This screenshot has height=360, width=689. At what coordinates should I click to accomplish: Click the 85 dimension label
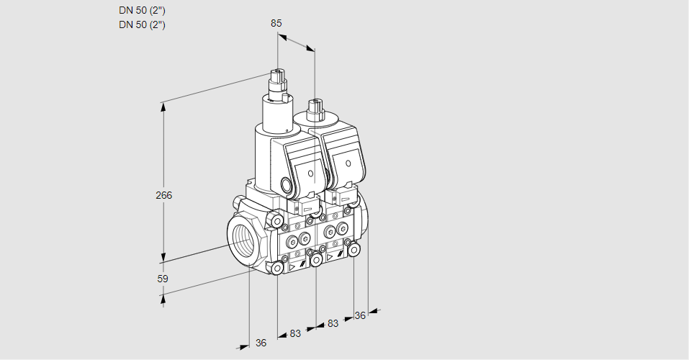(276, 23)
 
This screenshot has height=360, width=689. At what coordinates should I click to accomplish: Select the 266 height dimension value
(164, 195)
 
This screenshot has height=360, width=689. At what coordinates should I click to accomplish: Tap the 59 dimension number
(163, 279)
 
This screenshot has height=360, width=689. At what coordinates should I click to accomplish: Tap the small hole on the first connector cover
(311, 174)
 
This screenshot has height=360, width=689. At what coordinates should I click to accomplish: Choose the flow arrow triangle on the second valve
(330, 257)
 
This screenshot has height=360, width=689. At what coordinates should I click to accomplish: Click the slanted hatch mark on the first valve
(303, 264)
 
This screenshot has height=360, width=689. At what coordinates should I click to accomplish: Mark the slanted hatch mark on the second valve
(341, 254)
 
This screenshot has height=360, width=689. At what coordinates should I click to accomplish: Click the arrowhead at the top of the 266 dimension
(163, 107)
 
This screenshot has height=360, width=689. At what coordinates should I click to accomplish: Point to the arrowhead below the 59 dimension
(163, 299)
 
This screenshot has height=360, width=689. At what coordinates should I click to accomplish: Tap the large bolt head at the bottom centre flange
(316, 260)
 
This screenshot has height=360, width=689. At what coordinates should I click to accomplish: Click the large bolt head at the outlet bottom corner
(353, 251)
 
